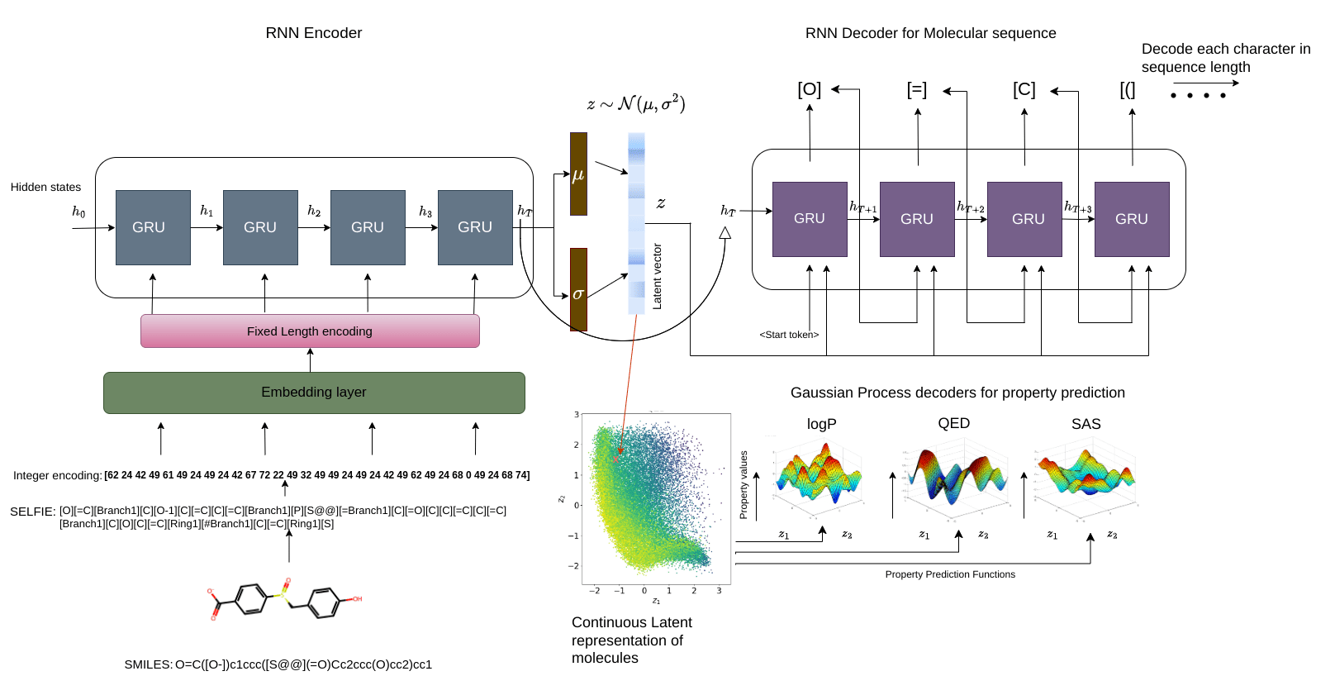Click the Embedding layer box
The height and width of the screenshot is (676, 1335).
(314, 393)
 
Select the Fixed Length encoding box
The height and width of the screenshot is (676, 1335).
(310, 331)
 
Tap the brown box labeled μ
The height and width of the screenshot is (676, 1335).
(578, 174)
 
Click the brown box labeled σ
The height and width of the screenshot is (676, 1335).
(578, 290)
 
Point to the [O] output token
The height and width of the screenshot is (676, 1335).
(809, 89)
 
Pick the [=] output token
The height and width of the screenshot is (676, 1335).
(916, 89)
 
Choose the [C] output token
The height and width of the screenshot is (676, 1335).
(1024, 89)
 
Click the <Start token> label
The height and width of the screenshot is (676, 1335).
(789, 335)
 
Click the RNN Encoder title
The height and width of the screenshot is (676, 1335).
(314, 33)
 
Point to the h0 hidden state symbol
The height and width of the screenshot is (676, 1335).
(78, 212)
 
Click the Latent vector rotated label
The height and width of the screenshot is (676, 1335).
(658, 276)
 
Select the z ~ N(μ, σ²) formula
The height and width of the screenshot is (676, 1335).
(635, 104)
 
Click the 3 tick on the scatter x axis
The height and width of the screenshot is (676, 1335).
(719, 591)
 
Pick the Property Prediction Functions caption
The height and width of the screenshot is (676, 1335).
(950, 574)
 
